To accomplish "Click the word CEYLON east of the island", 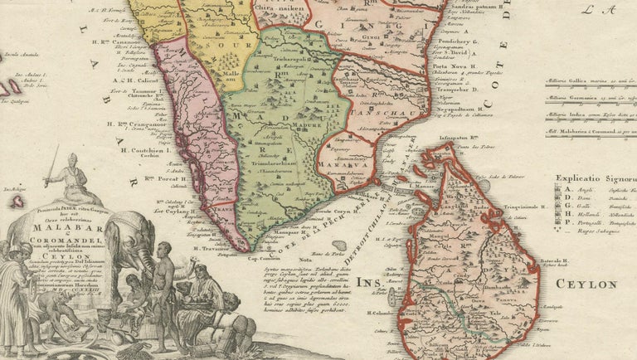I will point(586,285).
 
